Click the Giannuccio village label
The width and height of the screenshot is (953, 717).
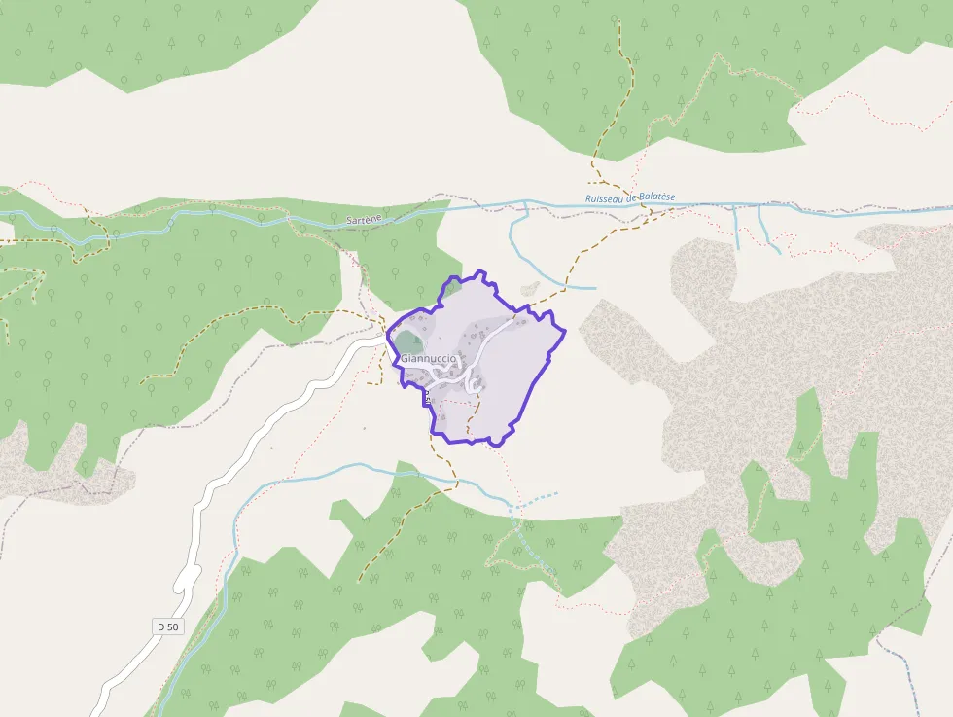click(428, 359)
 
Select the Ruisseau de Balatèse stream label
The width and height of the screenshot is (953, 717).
click(629, 197)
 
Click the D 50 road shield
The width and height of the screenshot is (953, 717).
click(167, 627)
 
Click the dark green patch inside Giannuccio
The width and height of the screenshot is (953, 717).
click(408, 341)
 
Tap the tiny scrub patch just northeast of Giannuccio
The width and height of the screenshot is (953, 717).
click(530, 288)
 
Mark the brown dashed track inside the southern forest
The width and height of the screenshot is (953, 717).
click(389, 540)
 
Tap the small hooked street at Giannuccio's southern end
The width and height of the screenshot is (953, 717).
click(476, 386)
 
